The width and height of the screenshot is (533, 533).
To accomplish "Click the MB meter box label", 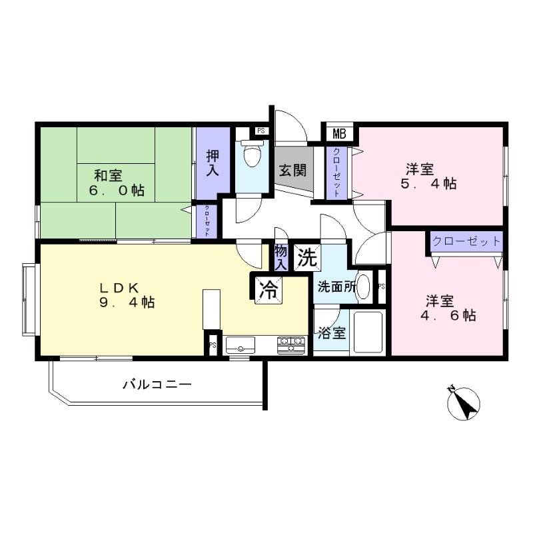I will click(x=339, y=133).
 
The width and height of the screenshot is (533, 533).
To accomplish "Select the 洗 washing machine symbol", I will click(x=306, y=257).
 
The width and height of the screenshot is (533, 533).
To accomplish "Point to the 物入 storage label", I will click(x=281, y=257).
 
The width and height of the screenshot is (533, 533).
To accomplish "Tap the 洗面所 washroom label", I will click(x=336, y=288).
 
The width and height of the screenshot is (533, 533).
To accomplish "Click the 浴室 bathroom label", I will click(x=330, y=332).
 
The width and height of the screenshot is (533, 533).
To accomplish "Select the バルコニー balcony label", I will click(x=157, y=384).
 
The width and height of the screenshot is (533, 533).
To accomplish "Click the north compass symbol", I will click(x=464, y=403).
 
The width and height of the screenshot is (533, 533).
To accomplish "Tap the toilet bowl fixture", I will click(x=253, y=155).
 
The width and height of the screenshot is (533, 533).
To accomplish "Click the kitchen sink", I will click(x=240, y=345).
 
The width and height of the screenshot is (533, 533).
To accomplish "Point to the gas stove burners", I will click(x=291, y=344).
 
